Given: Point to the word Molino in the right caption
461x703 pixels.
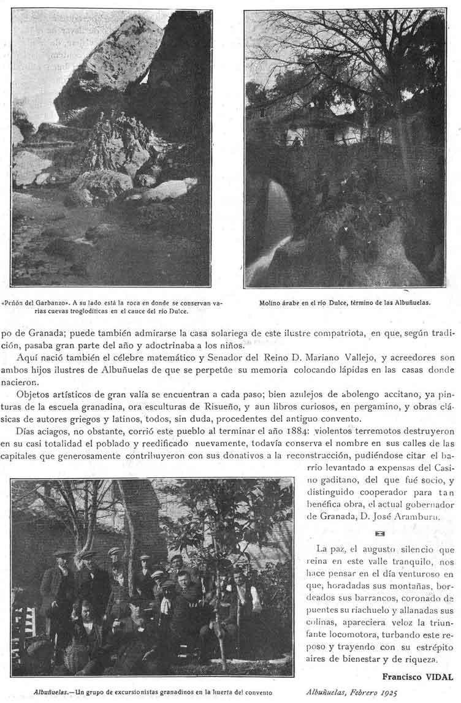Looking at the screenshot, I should click(270, 302).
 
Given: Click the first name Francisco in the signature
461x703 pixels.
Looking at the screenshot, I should click(402, 677).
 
